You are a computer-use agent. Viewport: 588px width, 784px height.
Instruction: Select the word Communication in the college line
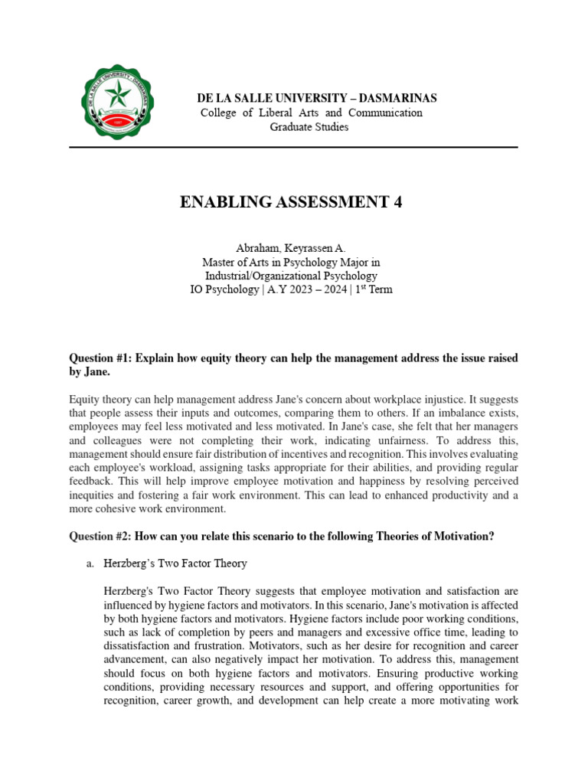[385, 113]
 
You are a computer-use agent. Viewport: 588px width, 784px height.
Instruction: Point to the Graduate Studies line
[309, 126]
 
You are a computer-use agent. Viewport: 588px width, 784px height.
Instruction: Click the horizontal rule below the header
[293, 147]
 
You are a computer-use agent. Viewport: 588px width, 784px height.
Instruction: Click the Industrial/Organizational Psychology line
[290, 276]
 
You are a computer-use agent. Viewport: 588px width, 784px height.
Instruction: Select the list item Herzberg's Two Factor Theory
[175, 563]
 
